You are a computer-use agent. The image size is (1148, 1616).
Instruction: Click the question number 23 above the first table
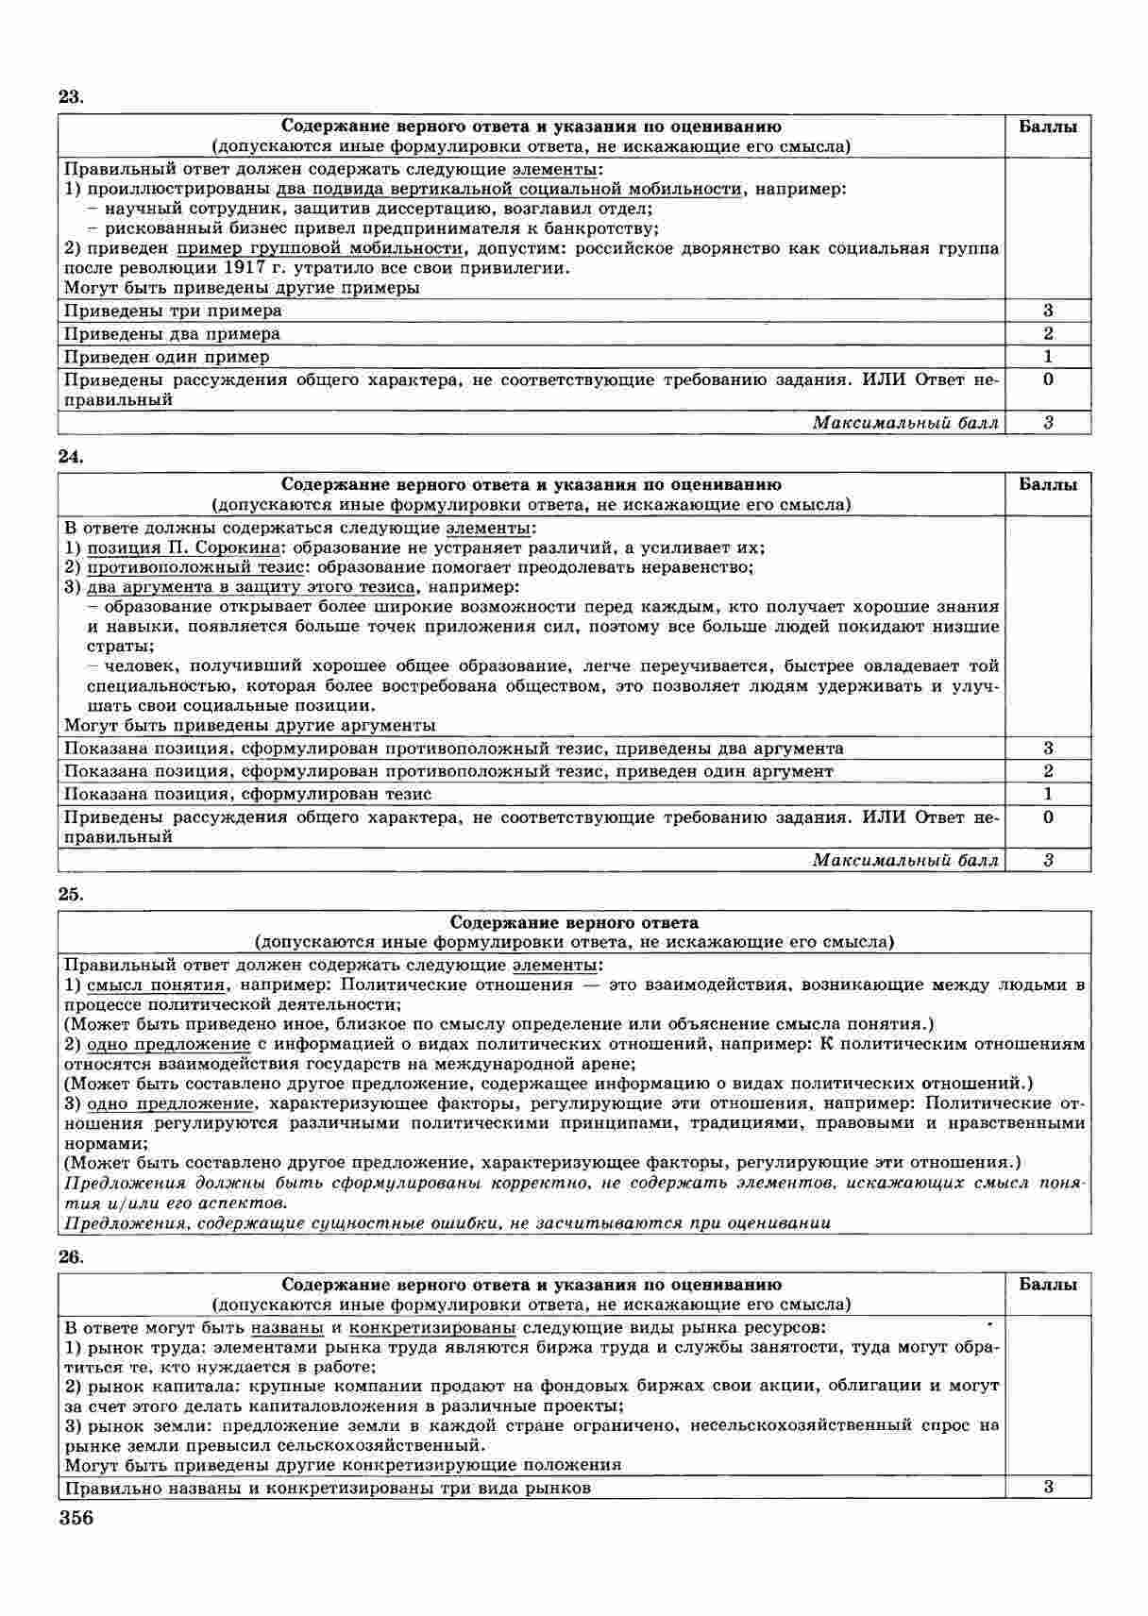(x=71, y=97)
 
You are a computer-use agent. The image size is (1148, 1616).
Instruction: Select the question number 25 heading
(x=71, y=894)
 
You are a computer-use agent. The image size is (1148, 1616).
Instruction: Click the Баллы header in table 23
(x=1048, y=126)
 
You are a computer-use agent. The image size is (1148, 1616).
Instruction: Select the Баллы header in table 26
(x=1048, y=1285)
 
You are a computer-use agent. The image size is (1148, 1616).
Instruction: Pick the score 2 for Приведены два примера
(x=1048, y=333)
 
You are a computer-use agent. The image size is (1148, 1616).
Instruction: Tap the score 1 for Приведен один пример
(x=1048, y=357)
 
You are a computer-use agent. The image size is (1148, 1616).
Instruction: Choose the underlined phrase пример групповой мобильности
(x=319, y=248)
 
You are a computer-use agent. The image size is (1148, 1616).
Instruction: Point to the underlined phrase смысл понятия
(x=156, y=985)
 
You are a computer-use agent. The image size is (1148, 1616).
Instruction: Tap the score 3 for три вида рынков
(x=1048, y=1487)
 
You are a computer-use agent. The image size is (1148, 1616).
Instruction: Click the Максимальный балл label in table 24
(x=904, y=860)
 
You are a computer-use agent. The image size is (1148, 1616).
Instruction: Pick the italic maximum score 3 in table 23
(x=1048, y=423)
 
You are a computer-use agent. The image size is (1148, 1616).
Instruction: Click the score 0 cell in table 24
(x=1048, y=817)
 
